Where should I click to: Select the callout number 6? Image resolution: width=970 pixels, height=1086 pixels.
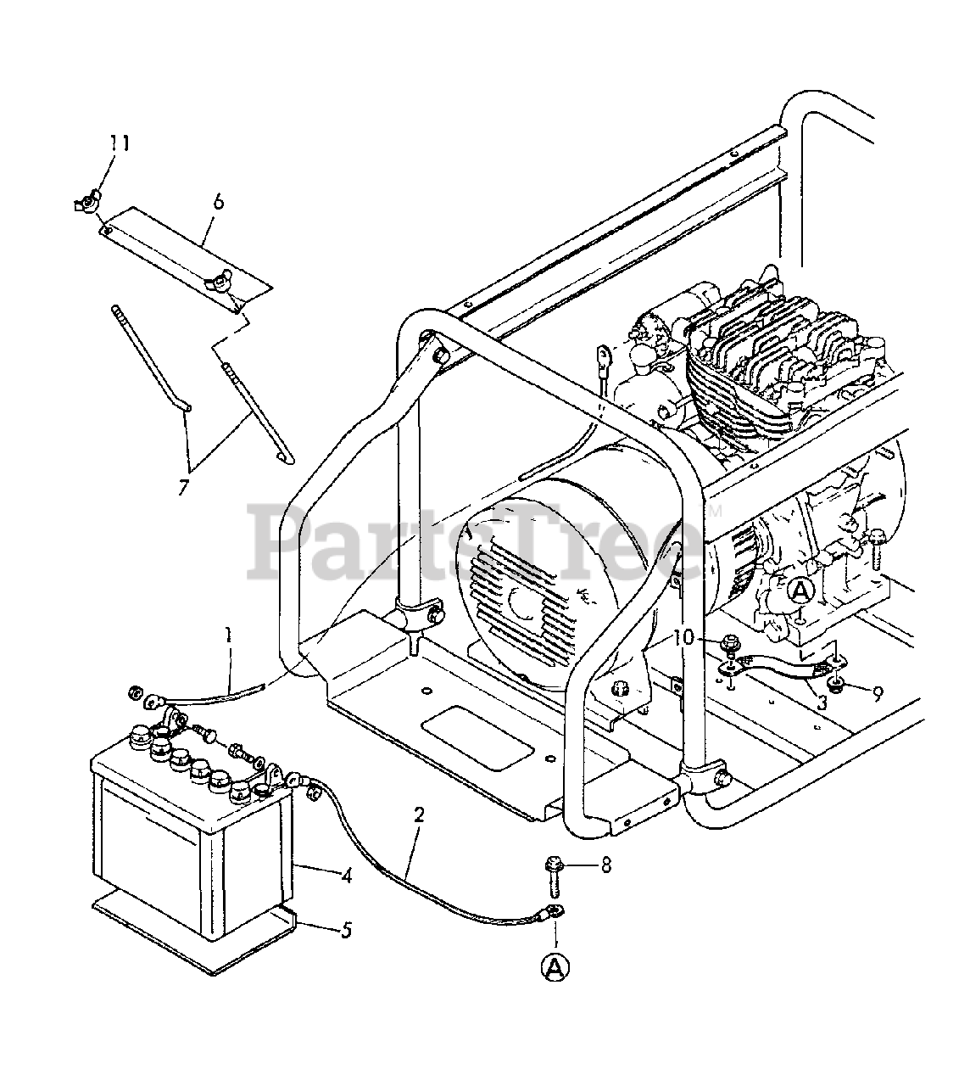click(x=218, y=201)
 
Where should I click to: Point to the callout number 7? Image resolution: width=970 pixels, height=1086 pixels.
click(x=183, y=487)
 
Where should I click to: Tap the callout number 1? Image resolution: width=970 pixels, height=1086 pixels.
click(x=227, y=633)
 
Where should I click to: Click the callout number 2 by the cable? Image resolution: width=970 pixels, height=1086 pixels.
click(x=419, y=815)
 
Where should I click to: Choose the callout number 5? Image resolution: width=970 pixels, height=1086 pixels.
click(x=346, y=930)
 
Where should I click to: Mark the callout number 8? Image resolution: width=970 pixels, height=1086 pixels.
click(x=605, y=866)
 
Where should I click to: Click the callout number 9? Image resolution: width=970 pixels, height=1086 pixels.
click(x=877, y=692)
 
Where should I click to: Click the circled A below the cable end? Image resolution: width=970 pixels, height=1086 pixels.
click(x=555, y=966)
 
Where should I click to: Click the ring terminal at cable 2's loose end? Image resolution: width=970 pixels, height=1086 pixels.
click(x=554, y=913)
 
